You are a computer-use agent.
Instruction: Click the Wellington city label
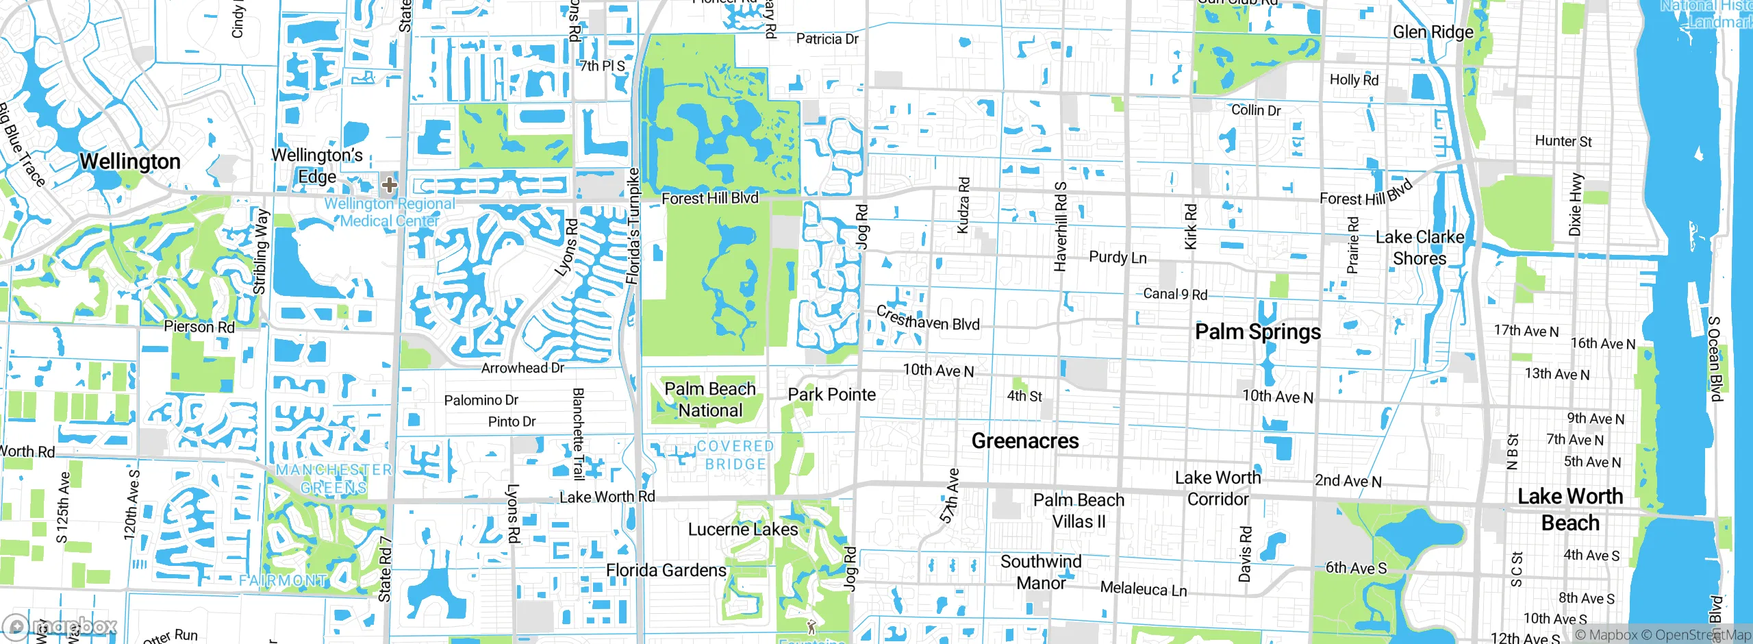130,162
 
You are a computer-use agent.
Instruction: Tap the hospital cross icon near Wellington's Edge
390,185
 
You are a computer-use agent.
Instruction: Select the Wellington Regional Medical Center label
389,212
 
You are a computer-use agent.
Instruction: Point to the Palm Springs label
1258,332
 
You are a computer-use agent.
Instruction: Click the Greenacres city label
1025,441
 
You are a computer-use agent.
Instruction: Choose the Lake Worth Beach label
1570,509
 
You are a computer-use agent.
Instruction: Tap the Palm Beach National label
710,399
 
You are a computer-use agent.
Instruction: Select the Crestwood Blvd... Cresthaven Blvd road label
928,320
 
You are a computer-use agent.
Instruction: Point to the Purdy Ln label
1118,258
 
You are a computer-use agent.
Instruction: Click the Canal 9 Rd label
1175,294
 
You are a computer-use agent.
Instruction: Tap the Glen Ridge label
1433,32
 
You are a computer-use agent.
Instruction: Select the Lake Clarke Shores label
1420,248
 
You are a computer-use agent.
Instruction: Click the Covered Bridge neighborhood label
735,455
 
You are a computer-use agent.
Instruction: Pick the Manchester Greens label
334,478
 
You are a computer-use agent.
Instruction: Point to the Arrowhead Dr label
522,368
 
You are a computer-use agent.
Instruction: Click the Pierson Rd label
199,327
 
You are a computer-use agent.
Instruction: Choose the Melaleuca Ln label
1144,589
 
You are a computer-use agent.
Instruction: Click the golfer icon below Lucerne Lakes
811,626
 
